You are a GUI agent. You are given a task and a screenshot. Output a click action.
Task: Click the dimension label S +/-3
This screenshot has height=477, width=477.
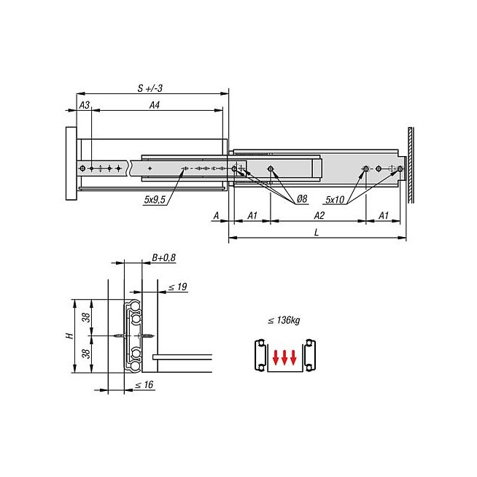(150, 88)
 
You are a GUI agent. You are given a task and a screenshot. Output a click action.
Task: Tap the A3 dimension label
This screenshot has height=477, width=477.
(85, 105)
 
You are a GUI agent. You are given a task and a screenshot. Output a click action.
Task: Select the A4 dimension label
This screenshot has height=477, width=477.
(155, 105)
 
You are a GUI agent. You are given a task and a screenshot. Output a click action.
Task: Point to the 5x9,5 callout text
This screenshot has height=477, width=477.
(155, 200)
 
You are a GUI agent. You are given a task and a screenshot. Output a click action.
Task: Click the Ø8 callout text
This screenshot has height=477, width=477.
(302, 198)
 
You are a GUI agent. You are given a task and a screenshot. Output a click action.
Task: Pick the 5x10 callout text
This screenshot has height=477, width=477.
(335, 200)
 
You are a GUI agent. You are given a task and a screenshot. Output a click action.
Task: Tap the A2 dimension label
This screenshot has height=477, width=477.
(319, 216)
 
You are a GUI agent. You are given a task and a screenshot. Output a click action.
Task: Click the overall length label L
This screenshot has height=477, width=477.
(317, 233)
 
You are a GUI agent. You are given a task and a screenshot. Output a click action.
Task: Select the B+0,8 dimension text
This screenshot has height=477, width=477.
(163, 257)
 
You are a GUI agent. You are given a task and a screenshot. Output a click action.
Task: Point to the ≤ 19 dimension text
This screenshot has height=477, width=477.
(178, 287)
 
